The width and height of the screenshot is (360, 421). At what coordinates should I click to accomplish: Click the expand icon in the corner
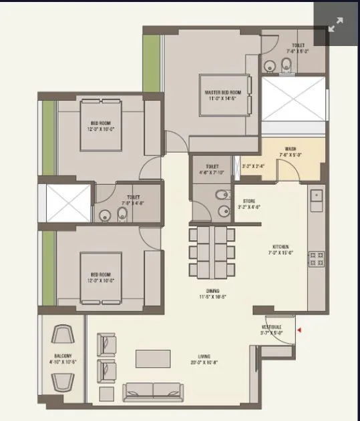pyautogui.click(x=335, y=25)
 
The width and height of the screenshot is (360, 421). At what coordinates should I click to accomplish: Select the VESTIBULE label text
pyautogui.click(x=271, y=327)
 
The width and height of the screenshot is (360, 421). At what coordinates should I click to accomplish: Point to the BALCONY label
pyautogui.click(x=63, y=357)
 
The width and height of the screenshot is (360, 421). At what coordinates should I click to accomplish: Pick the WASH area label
pyautogui.click(x=290, y=149)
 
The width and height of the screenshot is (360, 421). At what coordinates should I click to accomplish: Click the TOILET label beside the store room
pyautogui.click(x=212, y=166)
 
